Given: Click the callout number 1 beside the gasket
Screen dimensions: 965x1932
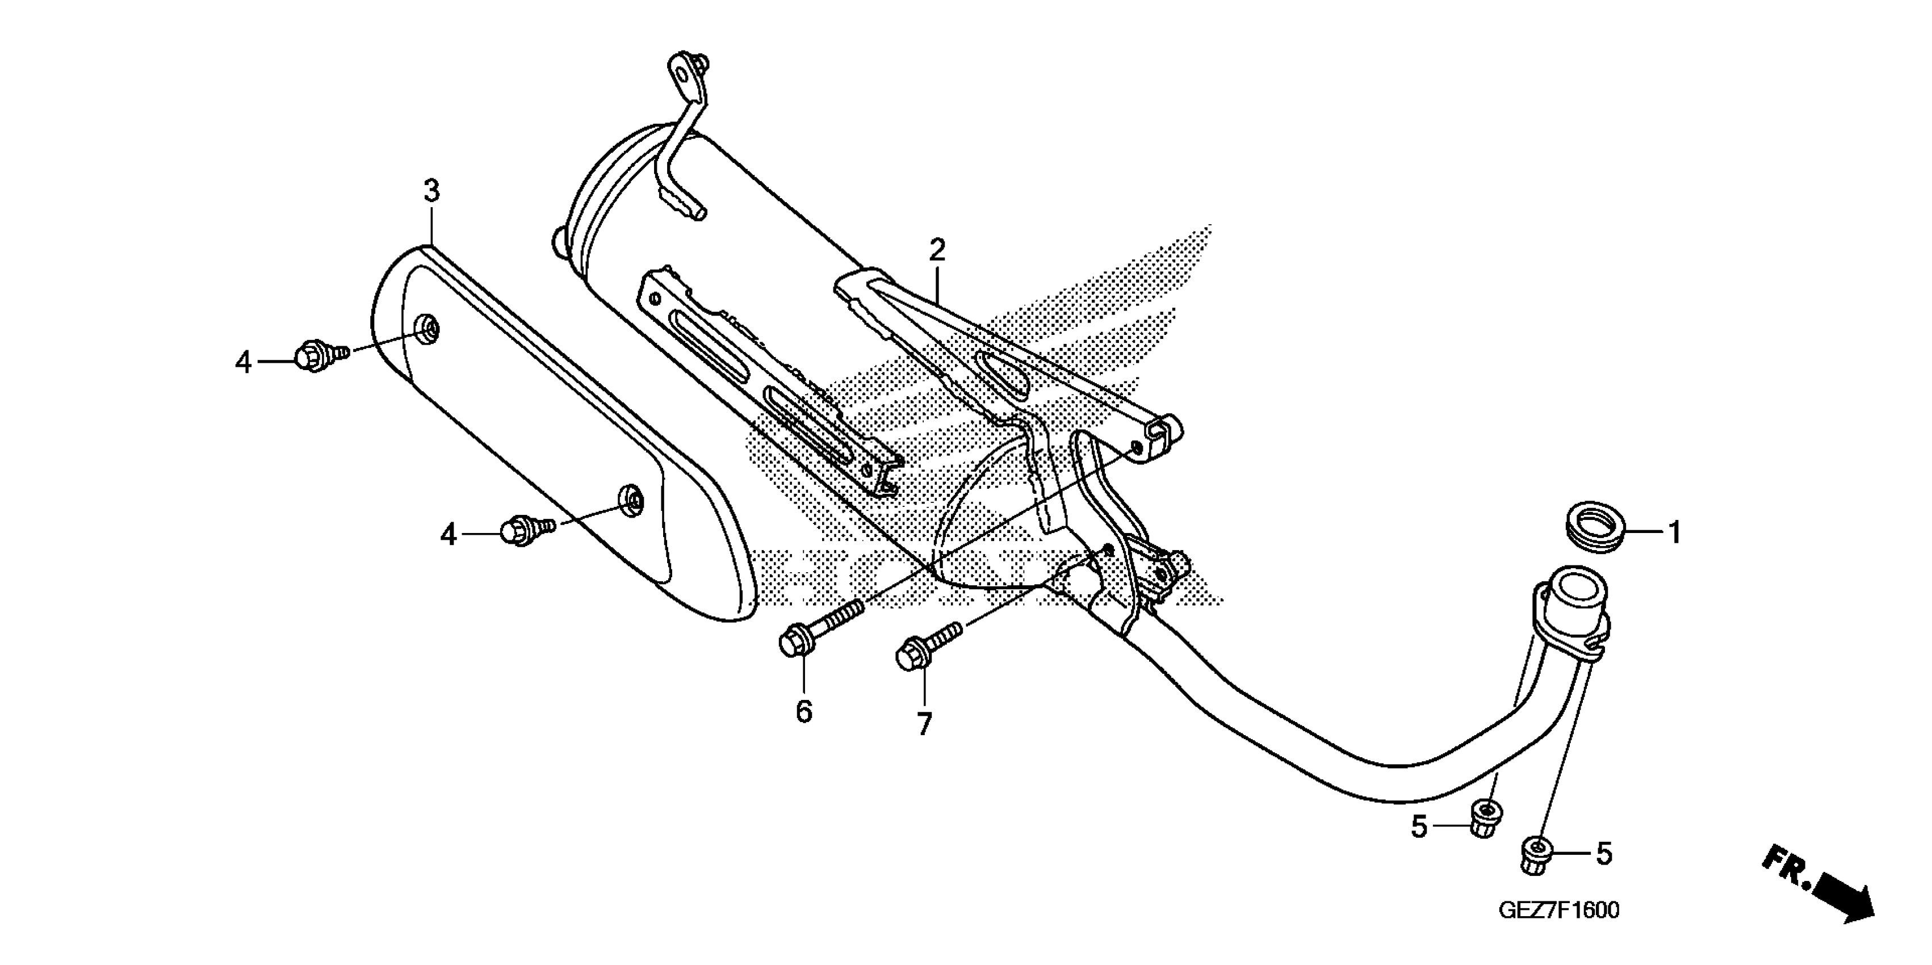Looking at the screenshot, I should pyautogui.click(x=1674, y=533).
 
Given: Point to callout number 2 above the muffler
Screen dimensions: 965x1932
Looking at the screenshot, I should pyautogui.click(x=937, y=250).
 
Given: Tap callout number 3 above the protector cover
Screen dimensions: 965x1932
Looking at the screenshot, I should pyautogui.click(x=431, y=192).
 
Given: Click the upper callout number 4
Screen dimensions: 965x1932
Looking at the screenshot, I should pyautogui.click(x=243, y=363).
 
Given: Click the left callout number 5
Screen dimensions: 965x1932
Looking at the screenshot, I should pyautogui.click(x=1419, y=828).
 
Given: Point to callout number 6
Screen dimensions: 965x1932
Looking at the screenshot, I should pyautogui.click(x=804, y=711).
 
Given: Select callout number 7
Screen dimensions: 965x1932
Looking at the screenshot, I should pyautogui.click(x=924, y=724).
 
